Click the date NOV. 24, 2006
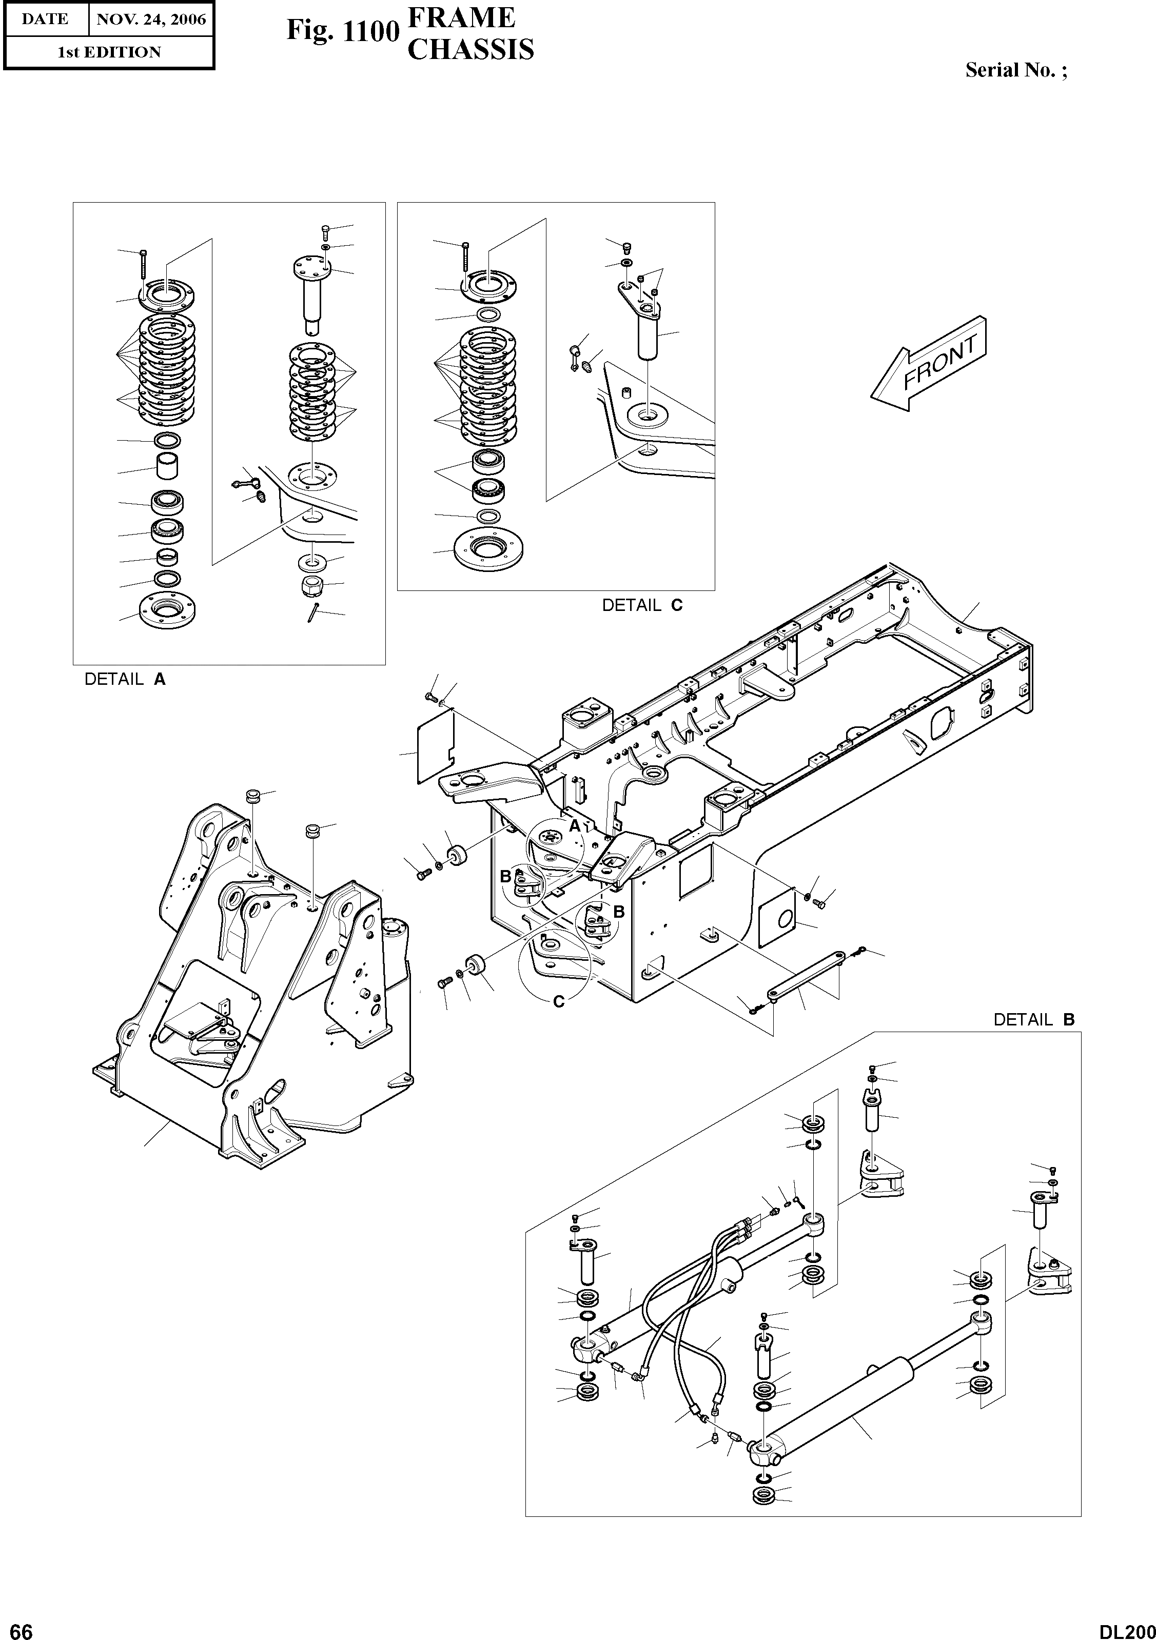point(151,19)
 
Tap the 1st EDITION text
point(109,52)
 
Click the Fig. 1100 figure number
point(342,31)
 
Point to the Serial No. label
point(1016,70)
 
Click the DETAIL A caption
point(125,679)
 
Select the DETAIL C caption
point(641,605)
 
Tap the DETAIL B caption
point(1033,1019)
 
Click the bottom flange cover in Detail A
point(168,611)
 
